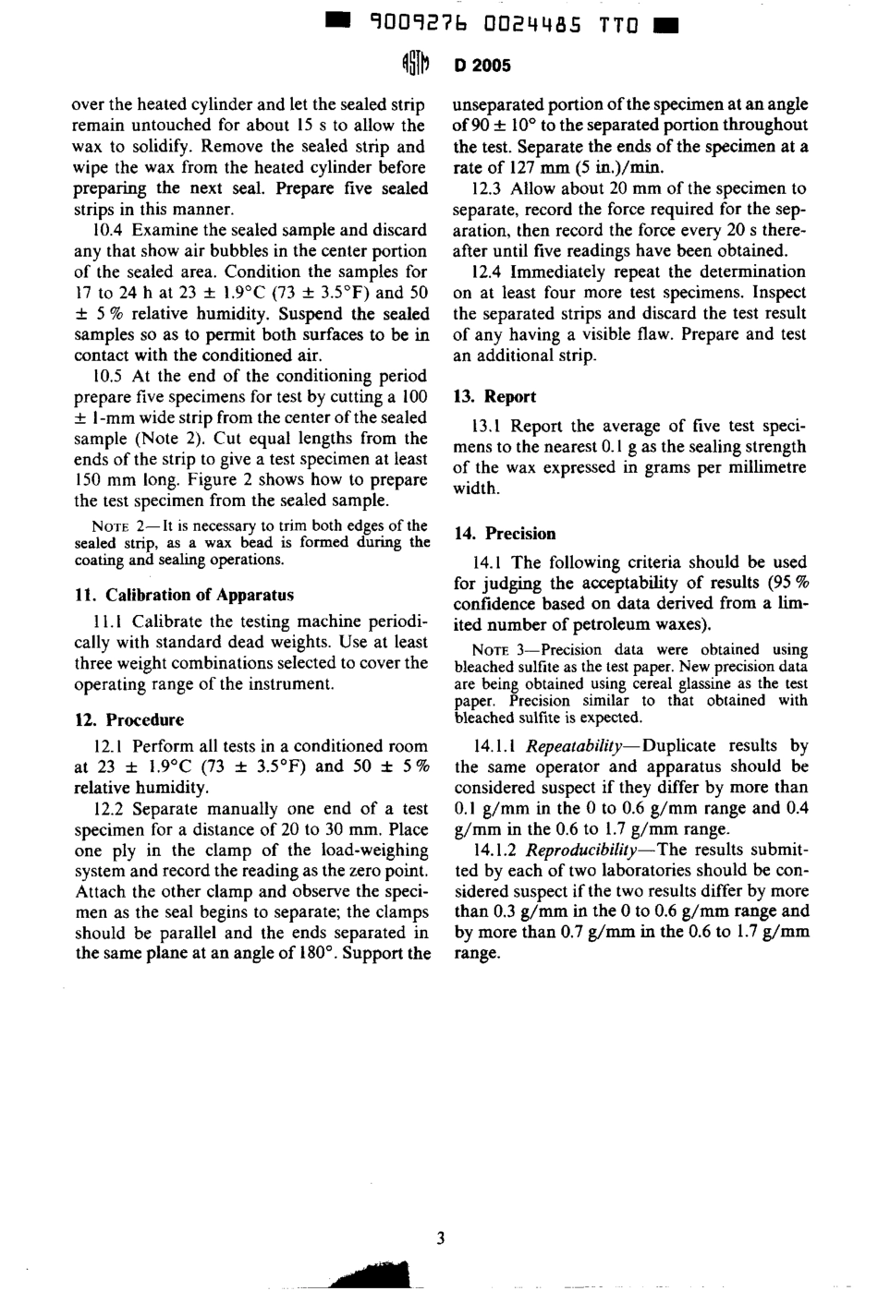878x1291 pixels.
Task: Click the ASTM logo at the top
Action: (415, 64)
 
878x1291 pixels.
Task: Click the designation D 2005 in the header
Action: (482, 65)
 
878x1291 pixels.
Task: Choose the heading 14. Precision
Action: (505, 533)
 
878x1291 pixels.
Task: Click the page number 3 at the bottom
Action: (440, 1238)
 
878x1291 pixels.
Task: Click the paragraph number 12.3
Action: (491, 188)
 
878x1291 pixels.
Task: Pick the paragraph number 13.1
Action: (491, 426)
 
